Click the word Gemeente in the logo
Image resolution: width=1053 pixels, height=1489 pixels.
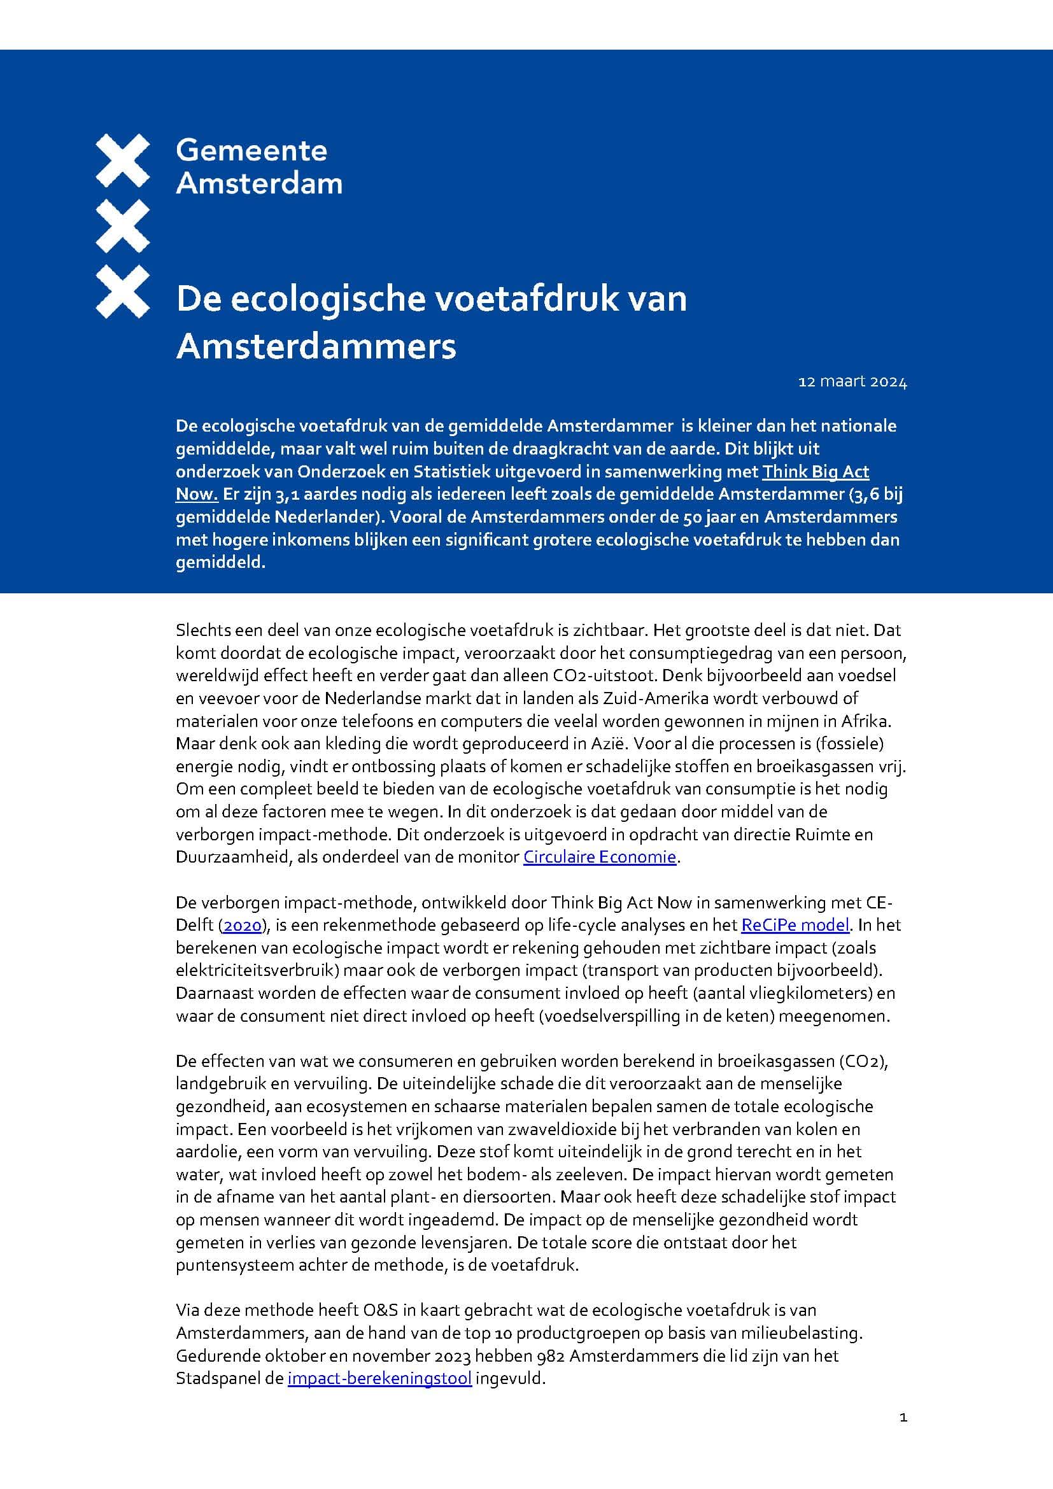(x=251, y=150)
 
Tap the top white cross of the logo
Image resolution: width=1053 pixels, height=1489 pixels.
(x=122, y=160)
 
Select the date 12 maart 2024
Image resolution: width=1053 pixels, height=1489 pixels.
(x=852, y=382)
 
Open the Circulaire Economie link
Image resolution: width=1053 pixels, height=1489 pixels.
(x=600, y=857)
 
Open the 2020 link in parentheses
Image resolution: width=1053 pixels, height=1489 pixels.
(x=243, y=925)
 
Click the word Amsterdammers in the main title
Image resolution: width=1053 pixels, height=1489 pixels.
(x=316, y=346)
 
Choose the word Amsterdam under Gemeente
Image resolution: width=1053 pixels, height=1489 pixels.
(x=259, y=183)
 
